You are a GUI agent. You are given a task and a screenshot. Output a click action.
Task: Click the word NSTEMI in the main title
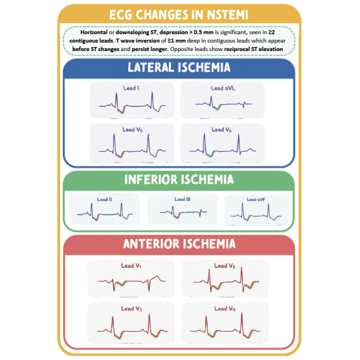(x=228, y=15)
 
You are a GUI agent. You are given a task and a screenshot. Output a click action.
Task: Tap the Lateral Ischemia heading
(x=179, y=67)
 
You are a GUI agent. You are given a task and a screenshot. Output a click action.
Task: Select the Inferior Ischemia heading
(x=179, y=179)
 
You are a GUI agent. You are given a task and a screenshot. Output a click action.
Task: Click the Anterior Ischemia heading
(x=179, y=244)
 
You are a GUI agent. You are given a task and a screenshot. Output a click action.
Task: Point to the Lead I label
(x=131, y=88)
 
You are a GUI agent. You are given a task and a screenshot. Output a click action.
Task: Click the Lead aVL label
(x=223, y=88)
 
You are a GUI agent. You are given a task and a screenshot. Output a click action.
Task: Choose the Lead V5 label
(x=132, y=130)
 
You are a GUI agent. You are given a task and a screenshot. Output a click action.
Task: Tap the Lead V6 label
(x=221, y=130)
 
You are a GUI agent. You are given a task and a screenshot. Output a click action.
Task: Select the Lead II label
(x=105, y=200)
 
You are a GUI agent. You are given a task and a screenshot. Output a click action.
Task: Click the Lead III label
(x=183, y=199)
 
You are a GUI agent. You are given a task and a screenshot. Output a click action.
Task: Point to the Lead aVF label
(x=256, y=200)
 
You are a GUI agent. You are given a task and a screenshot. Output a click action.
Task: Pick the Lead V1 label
(x=132, y=266)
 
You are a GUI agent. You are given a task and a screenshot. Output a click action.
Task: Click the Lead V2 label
(x=225, y=266)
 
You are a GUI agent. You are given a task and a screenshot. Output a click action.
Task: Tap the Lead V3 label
(x=132, y=309)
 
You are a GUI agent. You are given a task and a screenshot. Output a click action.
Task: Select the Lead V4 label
(x=225, y=309)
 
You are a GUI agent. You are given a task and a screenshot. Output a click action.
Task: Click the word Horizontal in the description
(x=94, y=32)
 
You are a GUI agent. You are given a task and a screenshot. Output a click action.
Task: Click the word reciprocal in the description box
(x=238, y=49)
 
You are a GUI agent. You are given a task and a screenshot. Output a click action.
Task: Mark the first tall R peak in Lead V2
(x=209, y=270)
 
